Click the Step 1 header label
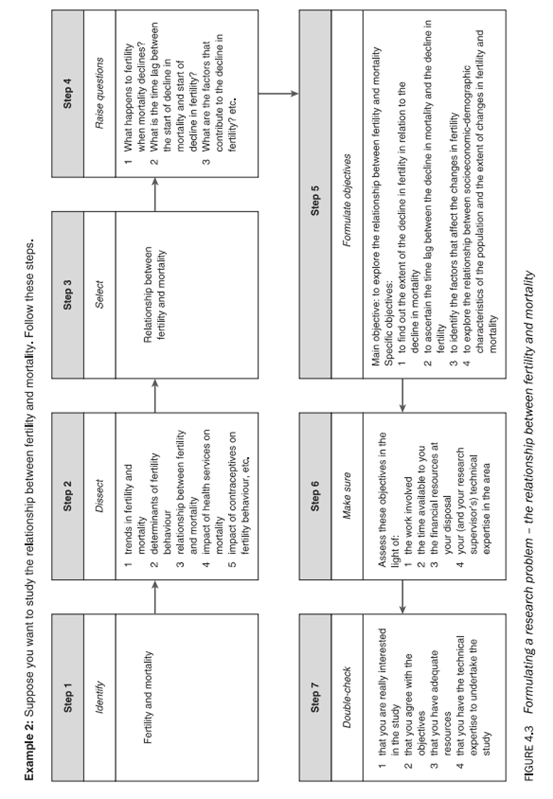point(68,696)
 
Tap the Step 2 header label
point(68,495)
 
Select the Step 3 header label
point(68,294)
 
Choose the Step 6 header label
point(316,496)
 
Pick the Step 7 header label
point(316,696)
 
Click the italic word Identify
point(100,697)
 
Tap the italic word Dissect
point(100,496)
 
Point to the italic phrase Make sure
point(347,496)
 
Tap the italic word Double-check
point(347,697)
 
